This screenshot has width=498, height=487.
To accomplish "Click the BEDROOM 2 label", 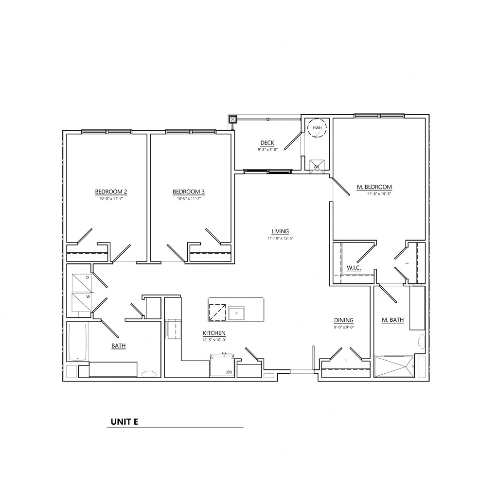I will point(111,191).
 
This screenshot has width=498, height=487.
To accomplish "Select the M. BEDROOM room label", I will point(374,187).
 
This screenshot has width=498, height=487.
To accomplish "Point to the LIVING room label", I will point(281,231).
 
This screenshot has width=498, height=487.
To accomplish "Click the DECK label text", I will point(267,143).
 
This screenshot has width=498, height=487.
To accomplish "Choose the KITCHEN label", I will point(214,333).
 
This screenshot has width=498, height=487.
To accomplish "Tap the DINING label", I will point(343,320).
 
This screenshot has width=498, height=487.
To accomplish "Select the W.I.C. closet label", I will point(354,268).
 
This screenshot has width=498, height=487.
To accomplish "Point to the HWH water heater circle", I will point(317,128).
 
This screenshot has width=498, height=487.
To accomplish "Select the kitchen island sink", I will point(237,313).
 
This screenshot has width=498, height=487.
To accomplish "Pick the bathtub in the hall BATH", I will point(78,342).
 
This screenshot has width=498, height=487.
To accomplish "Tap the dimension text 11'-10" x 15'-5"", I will point(281,238).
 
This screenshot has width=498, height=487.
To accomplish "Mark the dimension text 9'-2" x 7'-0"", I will point(267,150).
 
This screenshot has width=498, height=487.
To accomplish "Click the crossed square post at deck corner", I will point(233,119).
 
